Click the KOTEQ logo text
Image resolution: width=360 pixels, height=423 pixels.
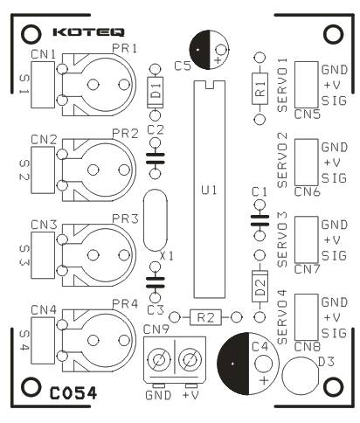point(89,32)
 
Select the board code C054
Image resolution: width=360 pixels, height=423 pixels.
point(73,393)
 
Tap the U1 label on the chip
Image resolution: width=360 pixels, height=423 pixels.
point(209,191)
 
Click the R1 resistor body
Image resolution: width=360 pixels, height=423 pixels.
point(260,88)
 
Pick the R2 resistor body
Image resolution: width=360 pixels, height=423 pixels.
point(205,317)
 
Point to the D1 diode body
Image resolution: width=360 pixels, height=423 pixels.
point(155,93)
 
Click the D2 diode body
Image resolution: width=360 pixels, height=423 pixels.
point(260,286)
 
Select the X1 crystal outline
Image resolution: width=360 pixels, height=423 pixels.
point(156,220)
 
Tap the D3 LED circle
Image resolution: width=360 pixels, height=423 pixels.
point(301,376)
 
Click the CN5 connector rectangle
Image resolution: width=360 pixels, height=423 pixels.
point(306,85)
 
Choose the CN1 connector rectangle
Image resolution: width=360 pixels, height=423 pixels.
point(43,85)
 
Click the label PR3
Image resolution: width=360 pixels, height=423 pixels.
point(126,218)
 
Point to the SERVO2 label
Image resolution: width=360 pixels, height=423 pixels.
point(282,160)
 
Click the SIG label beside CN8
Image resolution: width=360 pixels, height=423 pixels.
point(335,333)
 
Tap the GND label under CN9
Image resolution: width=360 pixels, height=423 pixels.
point(158,395)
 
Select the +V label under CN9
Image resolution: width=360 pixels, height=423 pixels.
point(190,395)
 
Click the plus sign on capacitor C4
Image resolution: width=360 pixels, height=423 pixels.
point(264,381)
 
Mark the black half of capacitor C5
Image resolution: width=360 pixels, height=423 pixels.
point(199,50)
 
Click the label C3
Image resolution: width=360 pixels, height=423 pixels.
point(156,310)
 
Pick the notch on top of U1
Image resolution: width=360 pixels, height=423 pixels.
point(209,85)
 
